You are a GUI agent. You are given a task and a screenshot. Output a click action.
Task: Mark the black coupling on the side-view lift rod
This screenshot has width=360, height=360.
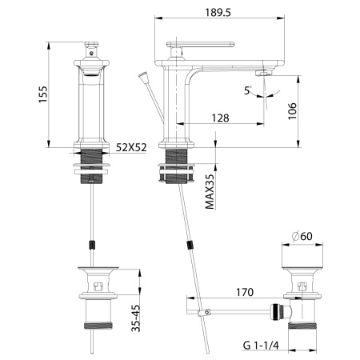point(190,245)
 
